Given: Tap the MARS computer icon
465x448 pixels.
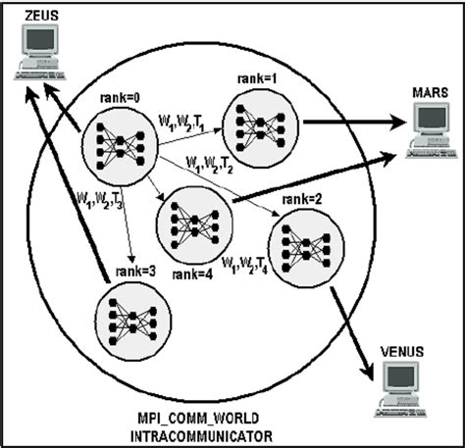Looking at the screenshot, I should (432, 126).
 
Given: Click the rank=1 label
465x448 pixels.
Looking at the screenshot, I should (258, 76).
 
